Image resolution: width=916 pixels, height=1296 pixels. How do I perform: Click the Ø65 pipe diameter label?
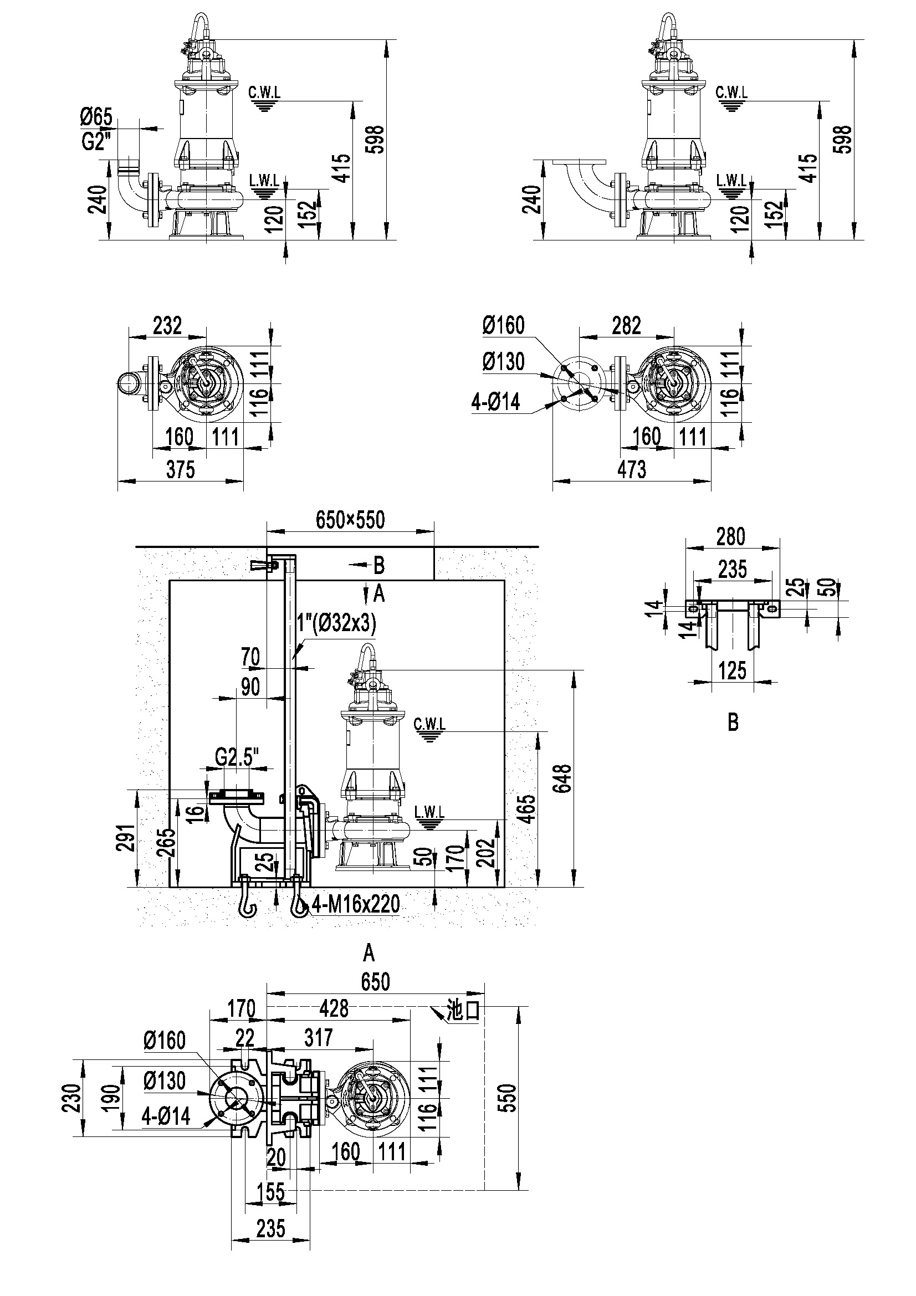96,117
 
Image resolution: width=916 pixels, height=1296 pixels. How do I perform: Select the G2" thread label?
95,142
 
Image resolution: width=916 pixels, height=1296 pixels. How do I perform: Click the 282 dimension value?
627,326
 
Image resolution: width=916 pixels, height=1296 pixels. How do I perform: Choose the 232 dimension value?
167,326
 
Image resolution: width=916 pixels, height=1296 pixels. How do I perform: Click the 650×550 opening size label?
350,520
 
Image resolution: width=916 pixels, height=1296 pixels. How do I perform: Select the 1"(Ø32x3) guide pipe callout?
336,623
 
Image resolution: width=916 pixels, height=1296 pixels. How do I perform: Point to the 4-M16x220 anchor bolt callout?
355,904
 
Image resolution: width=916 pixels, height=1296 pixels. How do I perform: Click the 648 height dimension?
563,779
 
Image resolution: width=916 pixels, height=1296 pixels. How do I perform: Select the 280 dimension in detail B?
731,536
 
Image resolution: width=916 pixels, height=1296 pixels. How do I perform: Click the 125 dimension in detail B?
732,671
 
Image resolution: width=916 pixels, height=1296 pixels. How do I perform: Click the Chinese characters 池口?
463,1011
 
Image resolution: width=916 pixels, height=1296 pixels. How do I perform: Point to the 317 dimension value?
318,1037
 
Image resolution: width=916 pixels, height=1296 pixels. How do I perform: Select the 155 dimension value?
271,1192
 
